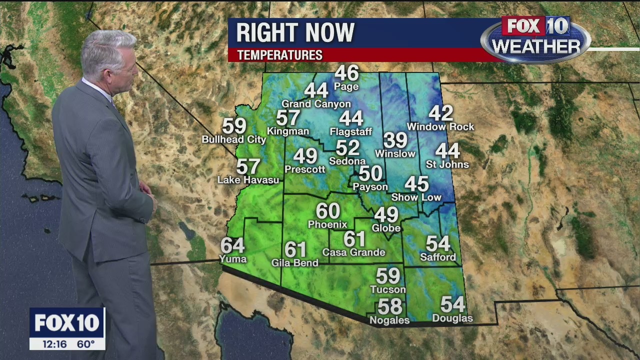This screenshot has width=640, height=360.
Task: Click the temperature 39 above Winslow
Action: [395, 140]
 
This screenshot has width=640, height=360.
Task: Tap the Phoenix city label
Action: [327, 224]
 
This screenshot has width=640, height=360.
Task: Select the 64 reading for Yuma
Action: [232, 245]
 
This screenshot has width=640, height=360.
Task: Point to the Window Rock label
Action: [440, 127]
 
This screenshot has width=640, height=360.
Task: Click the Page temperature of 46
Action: [346, 73]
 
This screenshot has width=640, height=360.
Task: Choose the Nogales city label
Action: [389, 320]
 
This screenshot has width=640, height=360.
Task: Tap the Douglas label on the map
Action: [452, 318]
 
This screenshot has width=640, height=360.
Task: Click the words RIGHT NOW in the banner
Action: [295, 33]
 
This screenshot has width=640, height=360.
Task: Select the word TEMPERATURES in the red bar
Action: [279, 55]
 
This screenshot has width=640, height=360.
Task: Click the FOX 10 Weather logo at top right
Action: [535, 39]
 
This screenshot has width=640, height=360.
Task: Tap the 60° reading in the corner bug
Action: [85, 344]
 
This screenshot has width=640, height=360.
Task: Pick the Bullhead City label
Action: [234, 140]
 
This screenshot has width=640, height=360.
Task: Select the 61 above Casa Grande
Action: [354, 239]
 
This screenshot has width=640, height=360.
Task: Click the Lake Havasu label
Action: [248, 180]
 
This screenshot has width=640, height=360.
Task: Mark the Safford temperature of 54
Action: [438, 243]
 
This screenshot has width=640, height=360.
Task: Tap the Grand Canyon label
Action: [316, 104]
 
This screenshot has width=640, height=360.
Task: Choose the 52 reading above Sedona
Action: [347, 148]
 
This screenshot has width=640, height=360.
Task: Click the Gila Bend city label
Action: [294, 263]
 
